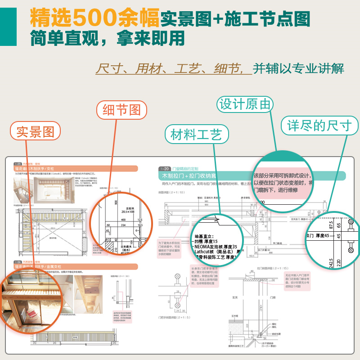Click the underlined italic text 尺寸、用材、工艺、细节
coord(174,68)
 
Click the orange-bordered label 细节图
coord(121,110)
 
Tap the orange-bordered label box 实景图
coord(35,132)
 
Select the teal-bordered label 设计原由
coord(245,104)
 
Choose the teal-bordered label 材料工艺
coord(196,134)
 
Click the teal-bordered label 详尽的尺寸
coord(319,125)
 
